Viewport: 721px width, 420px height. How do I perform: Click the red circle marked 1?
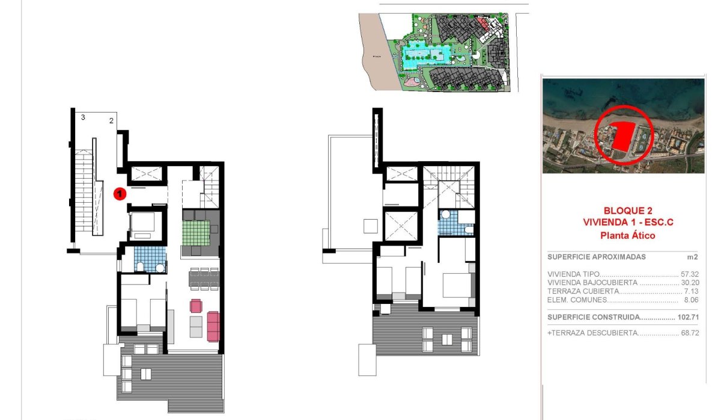(x=120, y=194)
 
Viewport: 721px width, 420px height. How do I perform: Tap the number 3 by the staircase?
(x=83, y=117)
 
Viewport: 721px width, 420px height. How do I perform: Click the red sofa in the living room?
(x=213, y=326)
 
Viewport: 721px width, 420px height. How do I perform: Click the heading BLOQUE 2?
(x=627, y=211)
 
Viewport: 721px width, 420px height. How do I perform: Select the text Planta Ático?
(x=627, y=236)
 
